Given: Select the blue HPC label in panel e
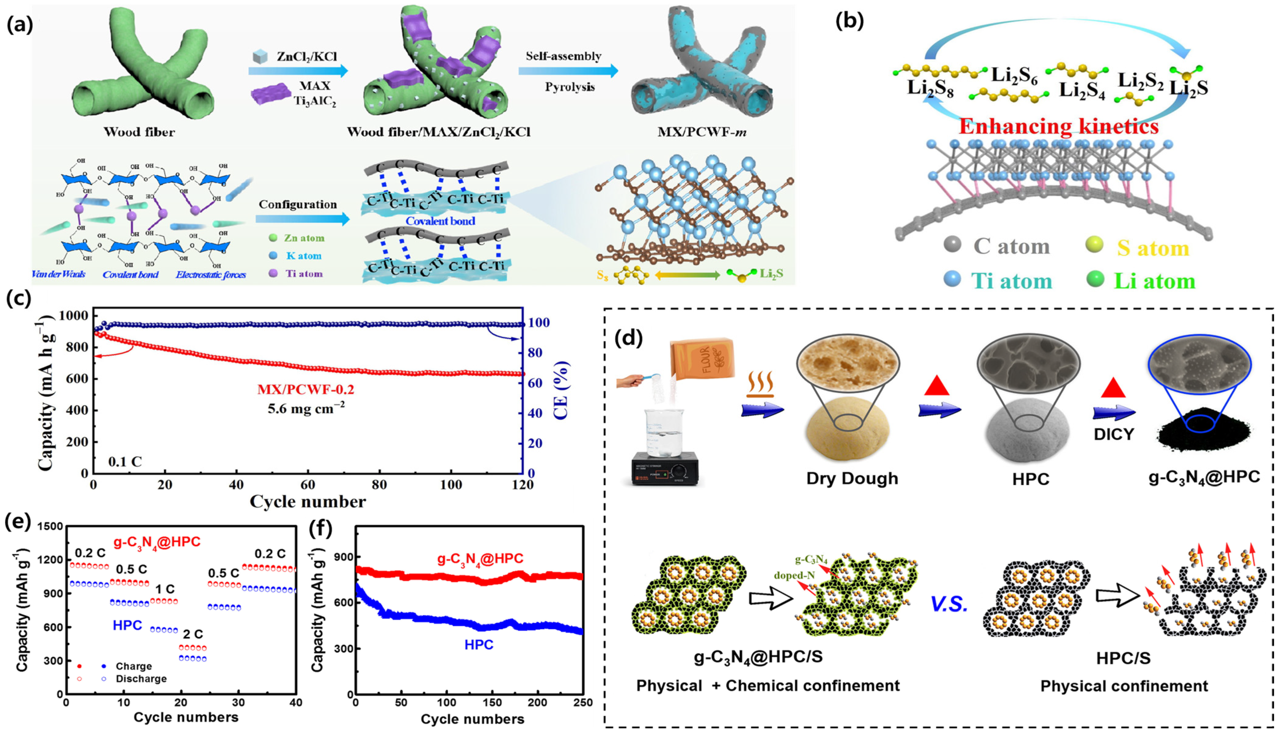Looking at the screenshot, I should point(127,625).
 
